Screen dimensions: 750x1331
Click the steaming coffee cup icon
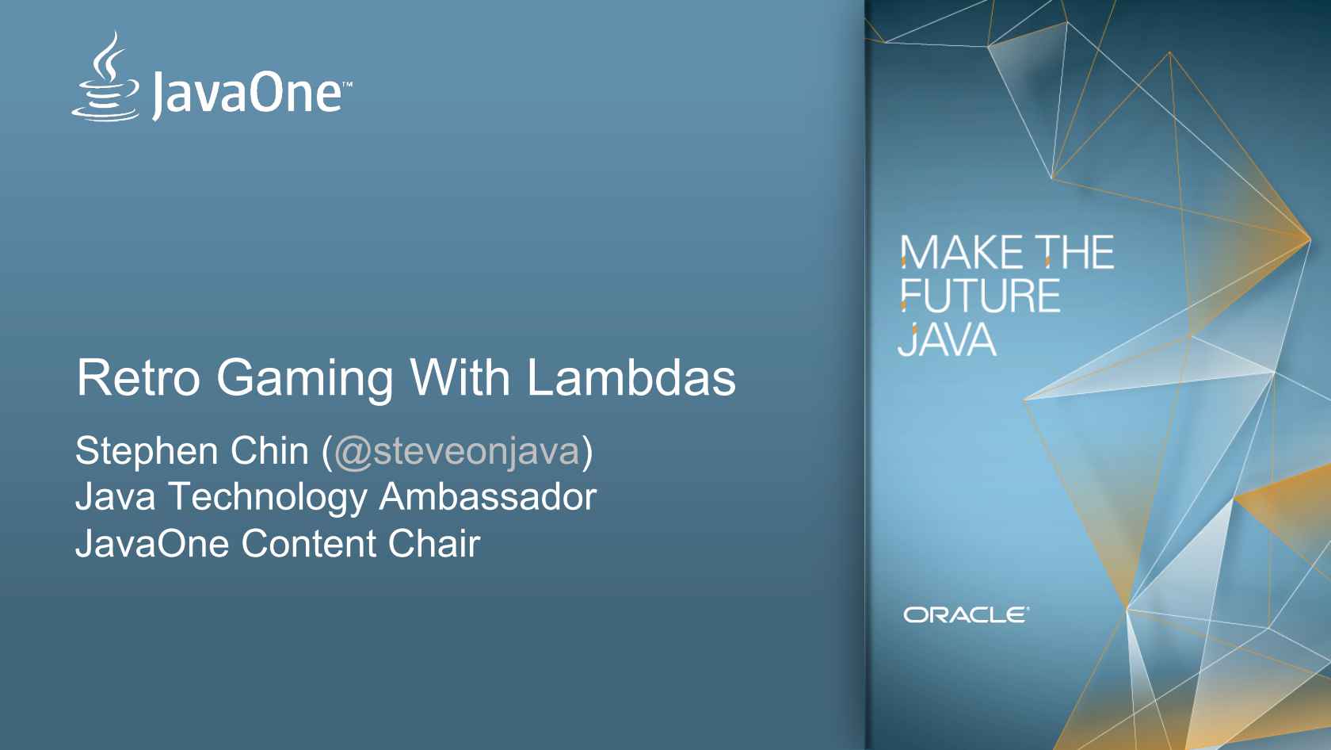point(106,79)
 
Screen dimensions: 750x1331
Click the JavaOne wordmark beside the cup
point(247,94)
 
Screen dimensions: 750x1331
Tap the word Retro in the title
point(138,377)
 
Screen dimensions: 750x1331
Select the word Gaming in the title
point(304,379)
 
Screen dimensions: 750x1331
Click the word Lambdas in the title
point(631,377)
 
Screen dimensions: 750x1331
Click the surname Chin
point(269,450)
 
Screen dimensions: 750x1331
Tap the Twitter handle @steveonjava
point(457,452)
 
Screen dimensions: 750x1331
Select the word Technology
point(268,498)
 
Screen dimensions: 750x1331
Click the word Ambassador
point(487,497)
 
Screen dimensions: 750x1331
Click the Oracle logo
point(966,615)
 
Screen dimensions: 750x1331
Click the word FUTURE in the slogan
point(980,297)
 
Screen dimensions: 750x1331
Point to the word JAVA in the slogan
point(947,340)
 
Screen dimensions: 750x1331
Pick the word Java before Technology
point(115,497)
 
